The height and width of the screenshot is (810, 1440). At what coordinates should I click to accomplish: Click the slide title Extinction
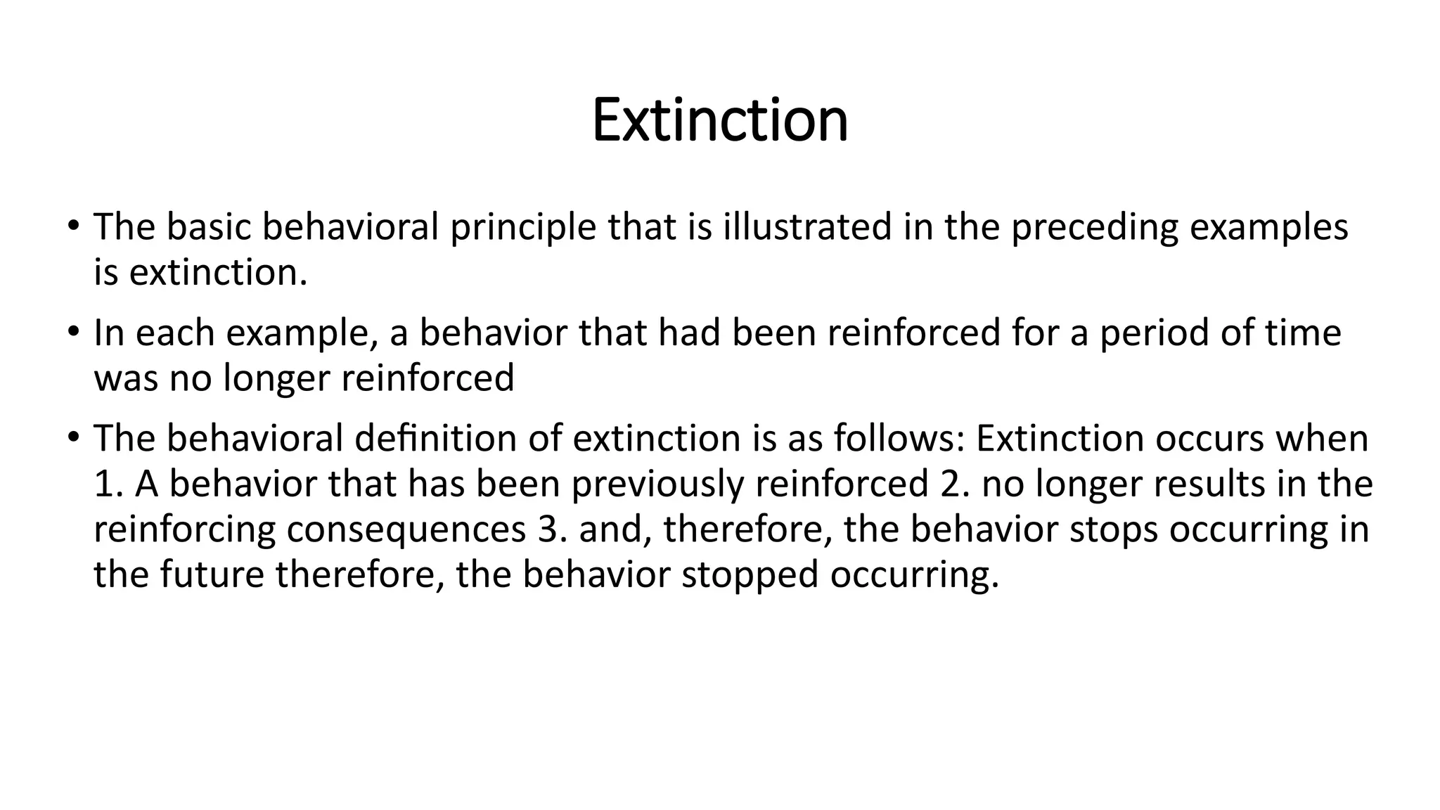coord(719,120)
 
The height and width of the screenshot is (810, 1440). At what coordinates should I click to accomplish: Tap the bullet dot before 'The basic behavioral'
coord(73,226)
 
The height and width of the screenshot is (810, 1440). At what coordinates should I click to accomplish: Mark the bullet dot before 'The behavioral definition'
coord(73,437)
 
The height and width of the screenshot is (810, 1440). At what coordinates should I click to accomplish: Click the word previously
coord(657,484)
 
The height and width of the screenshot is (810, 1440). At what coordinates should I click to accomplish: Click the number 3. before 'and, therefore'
coord(552,529)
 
